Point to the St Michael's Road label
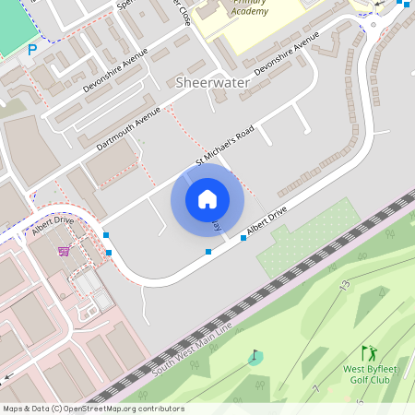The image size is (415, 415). tap(224, 148)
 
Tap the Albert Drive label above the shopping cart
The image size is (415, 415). tap(52, 225)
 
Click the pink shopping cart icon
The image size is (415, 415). tap(64, 250)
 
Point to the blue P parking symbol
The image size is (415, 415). tap(32, 50)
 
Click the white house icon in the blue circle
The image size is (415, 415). tap(207, 198)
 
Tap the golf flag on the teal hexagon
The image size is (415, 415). tap(255, 356)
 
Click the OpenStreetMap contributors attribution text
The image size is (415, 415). tap(92, 409)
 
